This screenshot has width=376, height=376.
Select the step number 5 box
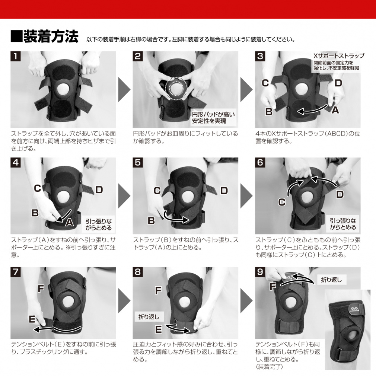click(x=138, y=162)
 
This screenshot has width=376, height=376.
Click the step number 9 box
click(x=260, y=271)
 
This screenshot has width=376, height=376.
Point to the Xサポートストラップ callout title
click(x=339, y=56)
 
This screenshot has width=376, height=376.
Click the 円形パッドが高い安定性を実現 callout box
click(x=213, y=118)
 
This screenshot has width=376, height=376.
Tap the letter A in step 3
click(x=335, y=110)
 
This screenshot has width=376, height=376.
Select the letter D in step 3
click(x=338, y=83)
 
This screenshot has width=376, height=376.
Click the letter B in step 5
click(x=151, y=221)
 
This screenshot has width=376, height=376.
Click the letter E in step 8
click(x=159, y=329)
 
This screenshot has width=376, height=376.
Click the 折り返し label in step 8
click(x=149, y=317)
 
